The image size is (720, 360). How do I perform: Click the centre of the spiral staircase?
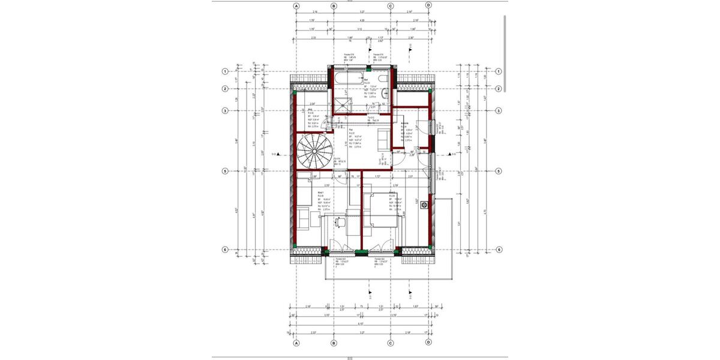313,151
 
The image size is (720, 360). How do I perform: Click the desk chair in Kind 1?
341,221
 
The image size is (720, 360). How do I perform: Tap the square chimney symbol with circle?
424,205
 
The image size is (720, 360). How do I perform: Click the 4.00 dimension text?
361,21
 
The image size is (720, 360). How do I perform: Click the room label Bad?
365,78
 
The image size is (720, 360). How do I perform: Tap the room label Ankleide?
406,122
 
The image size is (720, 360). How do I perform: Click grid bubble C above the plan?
391,5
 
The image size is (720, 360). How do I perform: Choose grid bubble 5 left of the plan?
225,171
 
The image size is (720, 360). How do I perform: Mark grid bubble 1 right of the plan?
498,71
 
